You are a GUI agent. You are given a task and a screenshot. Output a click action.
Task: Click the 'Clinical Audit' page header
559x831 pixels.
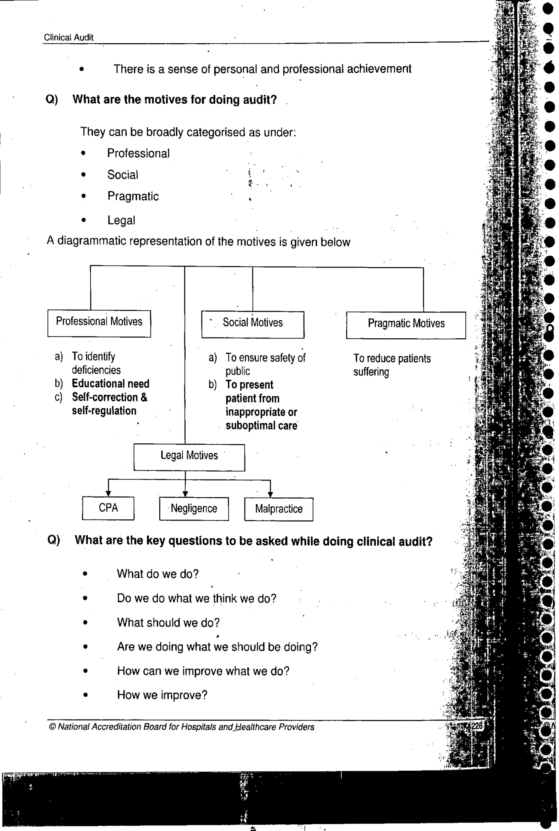pos(69,37)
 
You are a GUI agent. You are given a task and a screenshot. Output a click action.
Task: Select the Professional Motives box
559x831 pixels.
pos(99,323)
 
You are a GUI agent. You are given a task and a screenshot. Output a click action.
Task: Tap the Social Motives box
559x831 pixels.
pos(253,324)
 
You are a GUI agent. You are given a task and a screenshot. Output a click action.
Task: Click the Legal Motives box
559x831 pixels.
pos(189,457)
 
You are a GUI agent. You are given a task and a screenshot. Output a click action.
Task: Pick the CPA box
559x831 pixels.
pos(108,508)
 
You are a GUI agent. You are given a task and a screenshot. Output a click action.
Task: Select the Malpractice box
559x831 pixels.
pos(279,509)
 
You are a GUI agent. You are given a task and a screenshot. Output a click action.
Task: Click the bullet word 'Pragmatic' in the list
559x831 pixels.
pos(133,196)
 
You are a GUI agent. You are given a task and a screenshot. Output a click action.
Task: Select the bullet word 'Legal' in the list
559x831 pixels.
pos(121,221)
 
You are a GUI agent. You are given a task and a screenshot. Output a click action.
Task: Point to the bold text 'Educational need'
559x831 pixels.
pos(111,384)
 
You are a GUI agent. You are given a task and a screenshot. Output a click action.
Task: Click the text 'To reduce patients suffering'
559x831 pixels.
pos(392,365)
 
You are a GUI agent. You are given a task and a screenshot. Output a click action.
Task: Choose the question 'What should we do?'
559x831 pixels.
pos(168,622)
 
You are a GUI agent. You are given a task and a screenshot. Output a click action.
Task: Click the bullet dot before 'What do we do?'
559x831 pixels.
pos(85,574)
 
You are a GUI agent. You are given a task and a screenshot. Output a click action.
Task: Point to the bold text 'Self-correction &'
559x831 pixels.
pos(109,397)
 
